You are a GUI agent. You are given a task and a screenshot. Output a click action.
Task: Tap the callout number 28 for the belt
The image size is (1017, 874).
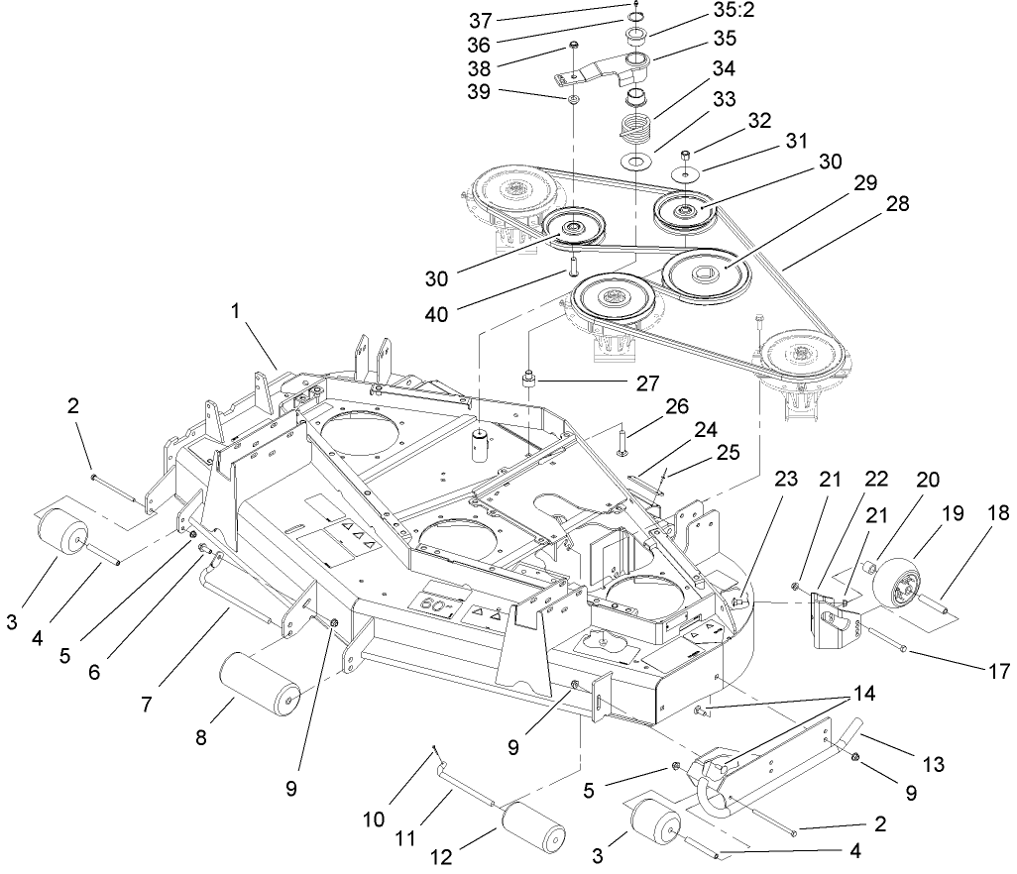click(x=898, y=204)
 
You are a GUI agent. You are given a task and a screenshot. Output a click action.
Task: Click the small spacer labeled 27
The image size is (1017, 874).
click(x=529, y=379)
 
